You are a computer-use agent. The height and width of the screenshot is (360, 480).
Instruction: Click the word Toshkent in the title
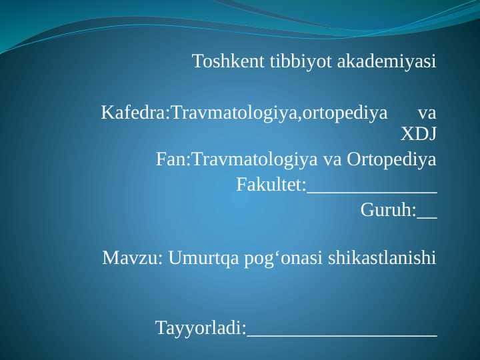click(228, 61)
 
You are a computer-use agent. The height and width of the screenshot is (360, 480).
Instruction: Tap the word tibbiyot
click(301, 62)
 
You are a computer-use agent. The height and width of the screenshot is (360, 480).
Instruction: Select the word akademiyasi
click(387, 62)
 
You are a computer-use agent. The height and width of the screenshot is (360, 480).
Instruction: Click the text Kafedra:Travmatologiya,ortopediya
click(244, 113)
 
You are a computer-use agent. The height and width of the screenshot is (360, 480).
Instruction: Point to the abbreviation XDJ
click(418, 134)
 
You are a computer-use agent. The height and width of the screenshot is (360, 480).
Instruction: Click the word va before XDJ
click(427, 114)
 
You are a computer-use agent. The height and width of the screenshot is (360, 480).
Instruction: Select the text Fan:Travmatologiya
click(237, 159)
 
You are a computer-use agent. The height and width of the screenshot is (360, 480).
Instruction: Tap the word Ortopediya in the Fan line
click(391, 159)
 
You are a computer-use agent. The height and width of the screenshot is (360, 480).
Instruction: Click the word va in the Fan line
click(332, 161)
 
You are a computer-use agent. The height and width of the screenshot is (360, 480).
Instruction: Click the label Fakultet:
click(271, 185)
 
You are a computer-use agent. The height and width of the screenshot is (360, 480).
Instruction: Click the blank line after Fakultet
click(372, 193)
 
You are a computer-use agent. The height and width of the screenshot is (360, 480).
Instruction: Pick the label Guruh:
click(389, 210)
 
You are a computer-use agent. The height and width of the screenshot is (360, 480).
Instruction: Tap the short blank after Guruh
click(427, 218)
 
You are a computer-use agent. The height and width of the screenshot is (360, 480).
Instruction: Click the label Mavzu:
click(132, 258)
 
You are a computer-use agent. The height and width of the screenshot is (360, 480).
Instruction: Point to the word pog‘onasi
click(283, 259)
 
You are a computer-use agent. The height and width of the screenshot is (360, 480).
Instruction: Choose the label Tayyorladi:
click(201, 328)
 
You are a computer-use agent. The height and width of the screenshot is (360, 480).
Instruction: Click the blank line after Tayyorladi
click(342, 336)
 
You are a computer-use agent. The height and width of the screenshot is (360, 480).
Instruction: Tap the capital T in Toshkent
click(197, 61)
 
